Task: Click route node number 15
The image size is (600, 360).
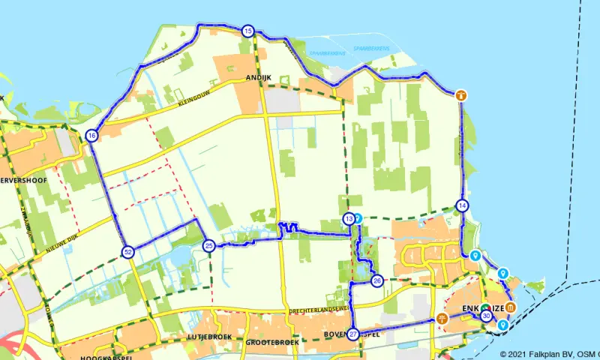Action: click(x=247, y=31)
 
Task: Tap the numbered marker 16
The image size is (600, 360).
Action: click(x=91, y=136)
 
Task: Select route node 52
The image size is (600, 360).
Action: click(x=128, y=252)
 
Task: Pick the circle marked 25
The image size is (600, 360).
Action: click(x=209, y=245)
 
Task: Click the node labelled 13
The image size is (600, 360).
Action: click(x=349, y=219)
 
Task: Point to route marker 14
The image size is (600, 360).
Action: click(x=462, y=205)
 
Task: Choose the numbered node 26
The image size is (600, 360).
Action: click(x=377, y=280)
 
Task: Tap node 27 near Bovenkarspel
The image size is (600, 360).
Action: click(x=353, y=334)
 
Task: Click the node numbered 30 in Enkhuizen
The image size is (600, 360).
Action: click(x=487, y=317)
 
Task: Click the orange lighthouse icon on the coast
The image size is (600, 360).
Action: click(x=461, y=95)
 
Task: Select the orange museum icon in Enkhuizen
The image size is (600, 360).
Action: click(x=510, y=309)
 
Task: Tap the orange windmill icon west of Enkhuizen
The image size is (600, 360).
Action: click(x=442, y=319)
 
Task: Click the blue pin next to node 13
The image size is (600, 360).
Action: click(x=358, y=218)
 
